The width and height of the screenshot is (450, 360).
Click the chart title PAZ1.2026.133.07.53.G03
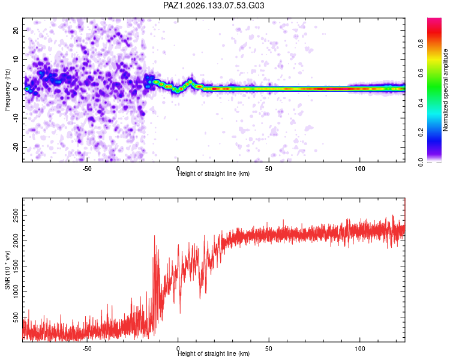coord(214,5)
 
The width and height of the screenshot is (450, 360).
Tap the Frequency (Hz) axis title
coord(7,89)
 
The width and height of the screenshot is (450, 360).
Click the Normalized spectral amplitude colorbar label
coord(445,90)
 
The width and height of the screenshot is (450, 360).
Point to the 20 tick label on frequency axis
coord(16,31)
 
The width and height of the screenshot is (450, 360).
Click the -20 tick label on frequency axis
coord(16,147)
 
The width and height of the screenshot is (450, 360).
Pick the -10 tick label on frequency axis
coord(16,118)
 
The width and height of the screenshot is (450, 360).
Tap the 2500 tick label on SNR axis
coord(16,215)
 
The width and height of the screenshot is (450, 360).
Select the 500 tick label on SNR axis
coord(16,317)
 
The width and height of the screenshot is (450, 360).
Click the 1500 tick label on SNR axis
coord(16,266)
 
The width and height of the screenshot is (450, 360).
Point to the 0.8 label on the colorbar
coord(421,44)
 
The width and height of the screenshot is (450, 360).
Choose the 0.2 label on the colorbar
coord(421,133)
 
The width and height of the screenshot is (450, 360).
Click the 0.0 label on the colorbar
coord(421,162)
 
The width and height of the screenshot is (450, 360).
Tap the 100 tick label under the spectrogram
coord(359,169)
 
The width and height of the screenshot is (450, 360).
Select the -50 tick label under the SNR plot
coord(87,349)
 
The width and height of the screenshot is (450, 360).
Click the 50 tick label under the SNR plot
coord(269,349)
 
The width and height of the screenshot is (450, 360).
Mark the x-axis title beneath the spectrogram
coord(214,173)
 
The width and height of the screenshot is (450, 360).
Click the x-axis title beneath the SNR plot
coord(214,353)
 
